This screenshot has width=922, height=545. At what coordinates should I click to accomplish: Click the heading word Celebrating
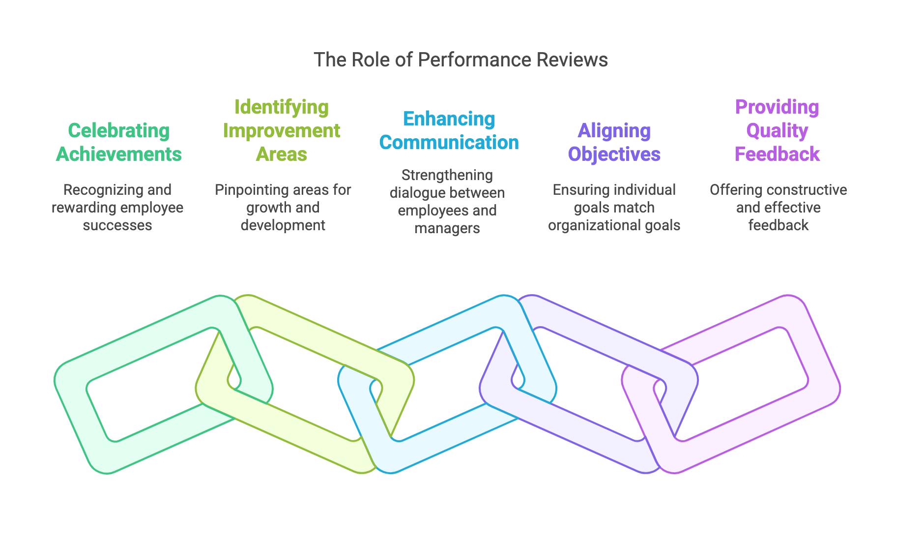[119, 131]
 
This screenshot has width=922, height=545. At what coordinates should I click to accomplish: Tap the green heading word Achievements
[119, 154]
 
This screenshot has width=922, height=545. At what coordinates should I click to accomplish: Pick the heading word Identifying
[282, 107]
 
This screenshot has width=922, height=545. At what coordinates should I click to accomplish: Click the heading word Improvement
[282, 131]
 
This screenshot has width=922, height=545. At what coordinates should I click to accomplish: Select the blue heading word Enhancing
[449, 119]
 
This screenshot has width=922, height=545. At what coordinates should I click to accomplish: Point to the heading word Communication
[449, 143]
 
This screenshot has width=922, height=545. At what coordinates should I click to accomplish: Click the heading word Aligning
[614, 131]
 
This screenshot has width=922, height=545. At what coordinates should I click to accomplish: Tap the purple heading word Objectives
[614, 154]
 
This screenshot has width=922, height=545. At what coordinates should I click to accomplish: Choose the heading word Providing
[777, 107]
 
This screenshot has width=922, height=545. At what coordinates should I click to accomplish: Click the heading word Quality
[777, 131]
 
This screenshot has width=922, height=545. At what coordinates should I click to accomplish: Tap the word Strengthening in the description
[447, 175]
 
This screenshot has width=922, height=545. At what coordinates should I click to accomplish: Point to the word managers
[447, 228]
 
